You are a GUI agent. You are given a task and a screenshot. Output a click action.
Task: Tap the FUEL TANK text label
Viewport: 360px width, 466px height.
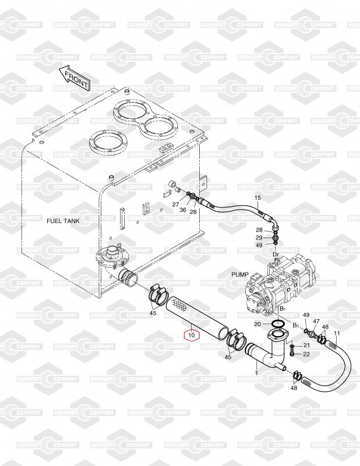point(63,221)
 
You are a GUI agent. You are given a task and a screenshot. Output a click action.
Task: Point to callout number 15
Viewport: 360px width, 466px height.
point(257,199)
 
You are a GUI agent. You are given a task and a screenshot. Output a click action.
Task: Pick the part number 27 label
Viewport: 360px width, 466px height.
point(175,204)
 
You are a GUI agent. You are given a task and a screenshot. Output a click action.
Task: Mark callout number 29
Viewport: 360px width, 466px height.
point(259,238)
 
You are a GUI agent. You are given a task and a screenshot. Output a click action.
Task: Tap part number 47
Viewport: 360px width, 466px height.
point(316,322)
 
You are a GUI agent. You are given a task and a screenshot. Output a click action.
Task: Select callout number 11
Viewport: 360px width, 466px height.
point(336,333)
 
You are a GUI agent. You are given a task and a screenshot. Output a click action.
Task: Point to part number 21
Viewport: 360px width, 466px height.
point(306,346)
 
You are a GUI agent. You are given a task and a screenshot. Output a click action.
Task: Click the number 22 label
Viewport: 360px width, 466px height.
point(306,354)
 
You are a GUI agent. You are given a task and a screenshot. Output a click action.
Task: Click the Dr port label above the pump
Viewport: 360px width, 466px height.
point(276,254)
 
